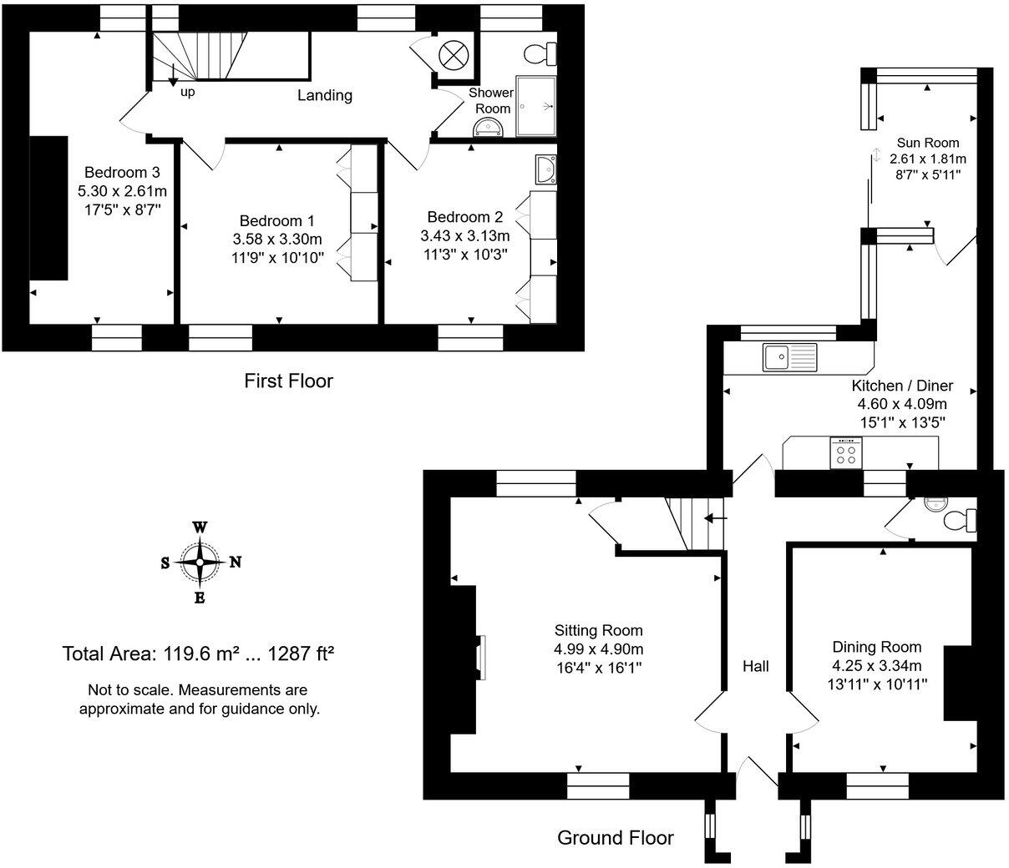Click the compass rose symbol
tap(200, 562)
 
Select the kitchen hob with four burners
tap(845, 453)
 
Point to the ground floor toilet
tap(957, 520)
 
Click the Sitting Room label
tap(598, 630)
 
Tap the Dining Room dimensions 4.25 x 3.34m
tap(876, 665)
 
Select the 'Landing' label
tap(325, 95)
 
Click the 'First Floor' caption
tap(288, 381)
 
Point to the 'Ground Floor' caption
tap(615, 837)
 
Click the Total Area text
tap(199, 654)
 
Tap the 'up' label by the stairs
tap(188, 92)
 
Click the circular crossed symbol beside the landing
tap(452, 55)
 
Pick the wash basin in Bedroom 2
tap(547, 169)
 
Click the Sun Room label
tap(927, 143)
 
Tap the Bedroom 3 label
tap(126, 172)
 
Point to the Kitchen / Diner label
tap(901, 386)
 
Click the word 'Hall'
tap(755, 666)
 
